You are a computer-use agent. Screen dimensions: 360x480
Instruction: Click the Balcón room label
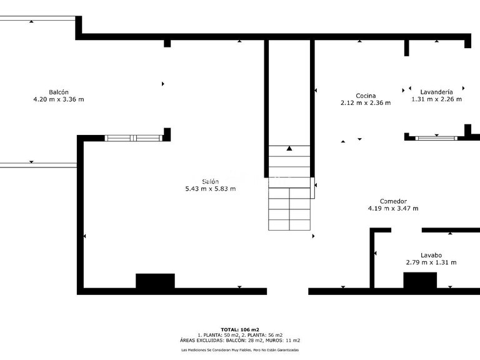click(x=59, y=92)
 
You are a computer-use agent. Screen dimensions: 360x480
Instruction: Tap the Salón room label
click(x=210, y=181)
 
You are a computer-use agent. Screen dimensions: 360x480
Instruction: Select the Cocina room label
click(x=366, y=96)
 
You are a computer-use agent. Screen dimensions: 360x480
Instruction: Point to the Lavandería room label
click(x=436, y=91)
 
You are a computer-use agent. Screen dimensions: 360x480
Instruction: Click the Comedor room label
click(x=393, y=201)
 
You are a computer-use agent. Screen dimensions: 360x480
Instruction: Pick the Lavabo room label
click(x=431, y=255)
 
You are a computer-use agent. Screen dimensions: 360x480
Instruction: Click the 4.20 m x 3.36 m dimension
click(x=59, y=99)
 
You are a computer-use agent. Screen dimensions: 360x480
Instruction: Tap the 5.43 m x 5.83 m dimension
click(x=210, y=189)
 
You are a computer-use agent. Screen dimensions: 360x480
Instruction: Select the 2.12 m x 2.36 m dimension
click(x=366, y=103)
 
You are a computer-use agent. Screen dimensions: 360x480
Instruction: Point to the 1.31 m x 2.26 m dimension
click(x=436, y=99)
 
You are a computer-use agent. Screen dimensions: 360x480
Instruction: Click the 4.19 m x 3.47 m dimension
click(x=393, y=209)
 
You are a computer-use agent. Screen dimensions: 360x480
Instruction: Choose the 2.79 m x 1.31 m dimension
click(x=431, y=262)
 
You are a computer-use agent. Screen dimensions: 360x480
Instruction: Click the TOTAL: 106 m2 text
click(x=240, y=329)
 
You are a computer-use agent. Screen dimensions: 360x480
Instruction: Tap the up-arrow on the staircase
click(x=289, y=149)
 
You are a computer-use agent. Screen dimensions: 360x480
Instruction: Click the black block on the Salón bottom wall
click(x=155, y=281)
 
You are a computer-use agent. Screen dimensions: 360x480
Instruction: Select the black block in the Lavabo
click(x=419, y=281)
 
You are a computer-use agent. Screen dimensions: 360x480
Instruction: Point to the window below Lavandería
click(x=436, y=137)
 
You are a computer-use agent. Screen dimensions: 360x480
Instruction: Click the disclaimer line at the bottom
click(x=240, y=350)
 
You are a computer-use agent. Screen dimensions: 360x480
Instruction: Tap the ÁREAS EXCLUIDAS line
click(x=240, y=341)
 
